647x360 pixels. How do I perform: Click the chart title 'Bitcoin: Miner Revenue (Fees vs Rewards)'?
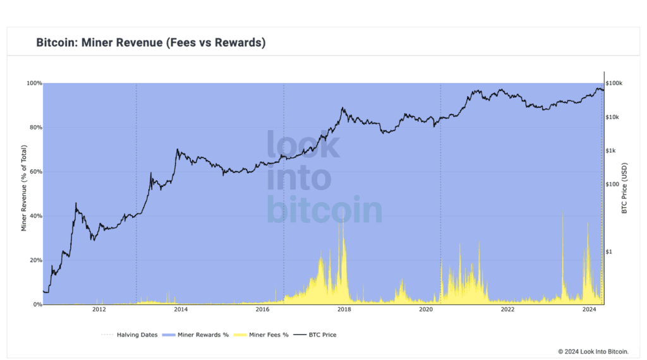[150, 43]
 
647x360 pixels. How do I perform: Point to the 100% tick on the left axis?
[34, 83]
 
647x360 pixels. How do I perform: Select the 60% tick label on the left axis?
[34, 172]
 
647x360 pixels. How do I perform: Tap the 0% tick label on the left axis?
[37, 304]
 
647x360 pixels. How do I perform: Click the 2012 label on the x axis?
[99, 309]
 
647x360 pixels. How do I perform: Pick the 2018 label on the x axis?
[344, 309]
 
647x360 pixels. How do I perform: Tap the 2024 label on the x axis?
[590, 309]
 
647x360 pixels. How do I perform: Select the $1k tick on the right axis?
[612, 150]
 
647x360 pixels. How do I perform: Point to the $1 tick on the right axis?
[609, 251]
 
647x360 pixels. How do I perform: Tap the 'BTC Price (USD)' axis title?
[624, 188]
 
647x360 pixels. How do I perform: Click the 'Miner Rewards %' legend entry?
[202, 335]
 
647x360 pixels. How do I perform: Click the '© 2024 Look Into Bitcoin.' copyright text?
[598, 351]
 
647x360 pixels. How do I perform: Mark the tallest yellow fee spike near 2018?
[343, 218]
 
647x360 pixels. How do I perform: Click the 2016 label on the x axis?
[262, 309]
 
